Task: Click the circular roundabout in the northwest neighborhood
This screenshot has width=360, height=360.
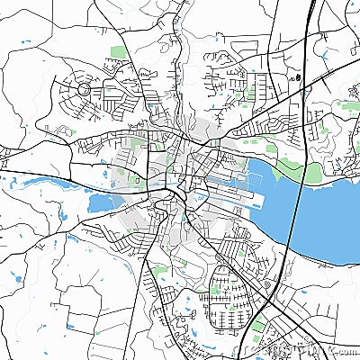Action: [83, 90]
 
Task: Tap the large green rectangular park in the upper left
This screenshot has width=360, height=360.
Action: [117, 51]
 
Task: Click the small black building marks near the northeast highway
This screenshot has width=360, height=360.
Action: [293, 77]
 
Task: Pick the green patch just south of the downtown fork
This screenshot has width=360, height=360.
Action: [160, 268]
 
